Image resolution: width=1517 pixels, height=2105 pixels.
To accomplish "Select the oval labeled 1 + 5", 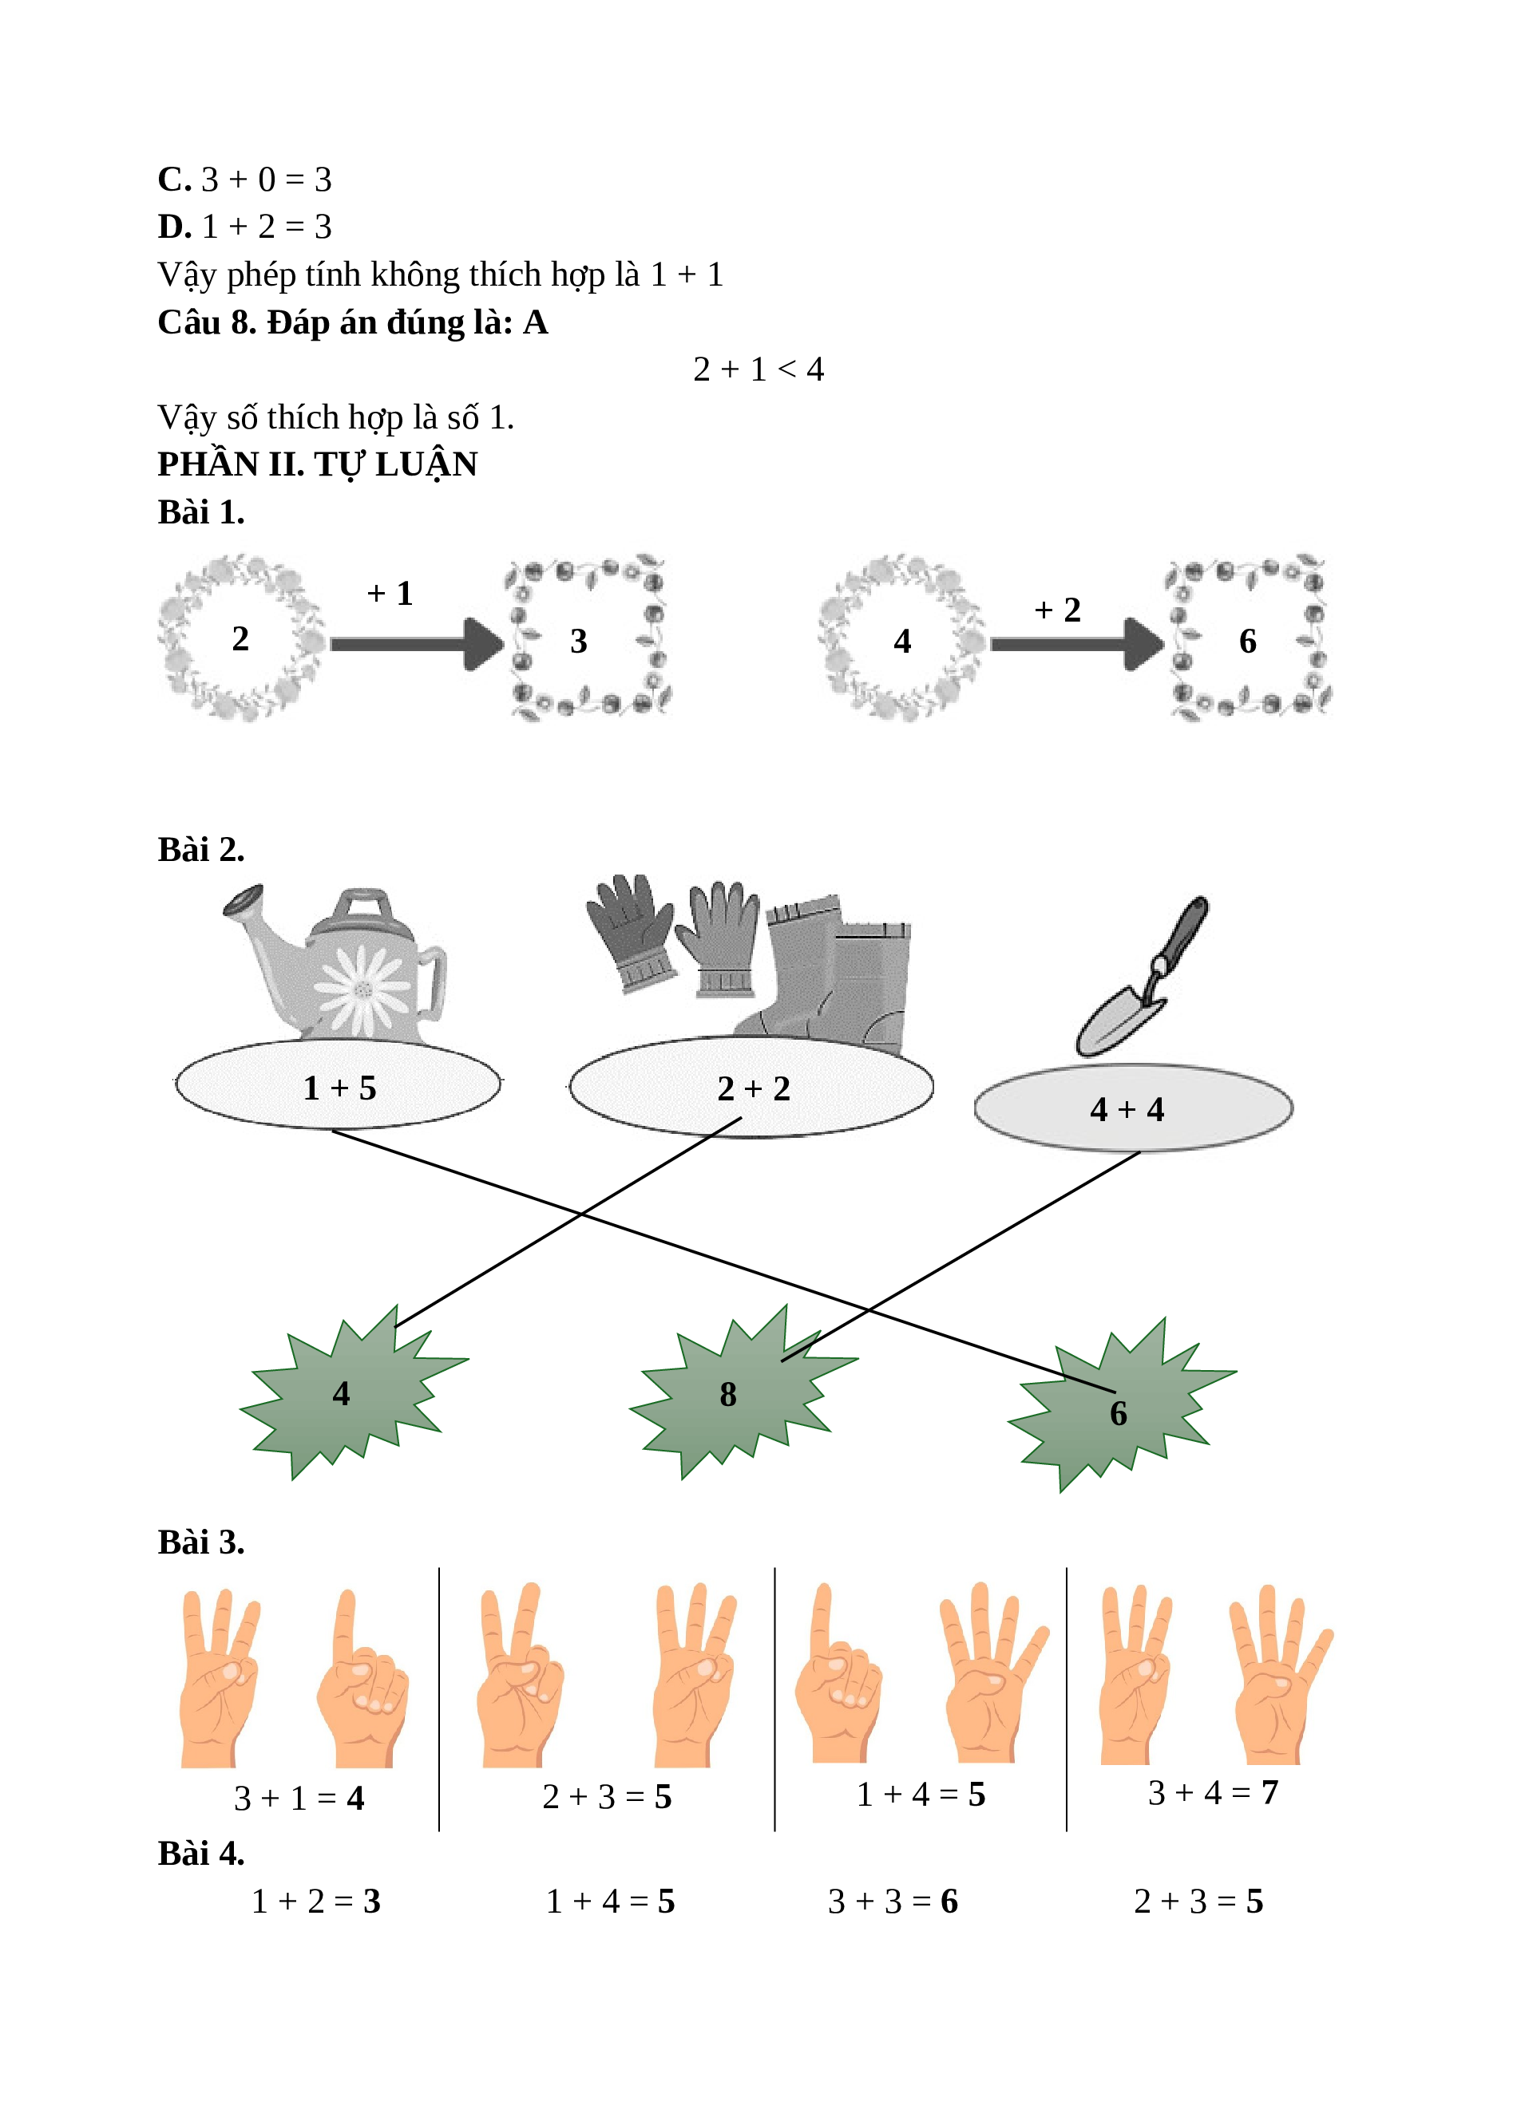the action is point(338,1084).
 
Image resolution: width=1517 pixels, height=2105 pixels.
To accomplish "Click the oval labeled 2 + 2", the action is point(752,1087).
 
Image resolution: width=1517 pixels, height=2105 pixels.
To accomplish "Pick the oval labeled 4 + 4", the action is point(1133,1108).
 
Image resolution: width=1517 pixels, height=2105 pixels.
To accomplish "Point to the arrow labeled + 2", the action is point(1078,643).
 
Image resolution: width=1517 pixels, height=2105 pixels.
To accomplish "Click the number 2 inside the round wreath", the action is point(240,638).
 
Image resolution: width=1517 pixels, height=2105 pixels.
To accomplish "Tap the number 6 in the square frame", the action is point(1248,641).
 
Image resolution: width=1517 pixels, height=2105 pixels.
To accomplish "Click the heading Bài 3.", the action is point(201,1542).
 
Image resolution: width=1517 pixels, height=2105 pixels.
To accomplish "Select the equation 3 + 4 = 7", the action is point(1214,1792).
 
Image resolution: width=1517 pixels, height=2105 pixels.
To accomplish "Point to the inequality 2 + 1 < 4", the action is point(758,369).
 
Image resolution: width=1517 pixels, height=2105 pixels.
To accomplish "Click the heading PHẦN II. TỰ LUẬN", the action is point(318,465).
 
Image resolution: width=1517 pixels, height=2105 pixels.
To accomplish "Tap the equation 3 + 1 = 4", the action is point(299,1798).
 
